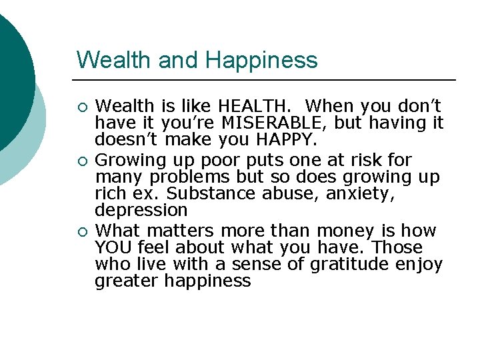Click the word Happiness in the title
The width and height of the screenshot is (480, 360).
tap(261, 60)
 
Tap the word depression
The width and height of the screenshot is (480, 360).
tap(141, 211)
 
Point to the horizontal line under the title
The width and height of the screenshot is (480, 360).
tap(267, 80)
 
